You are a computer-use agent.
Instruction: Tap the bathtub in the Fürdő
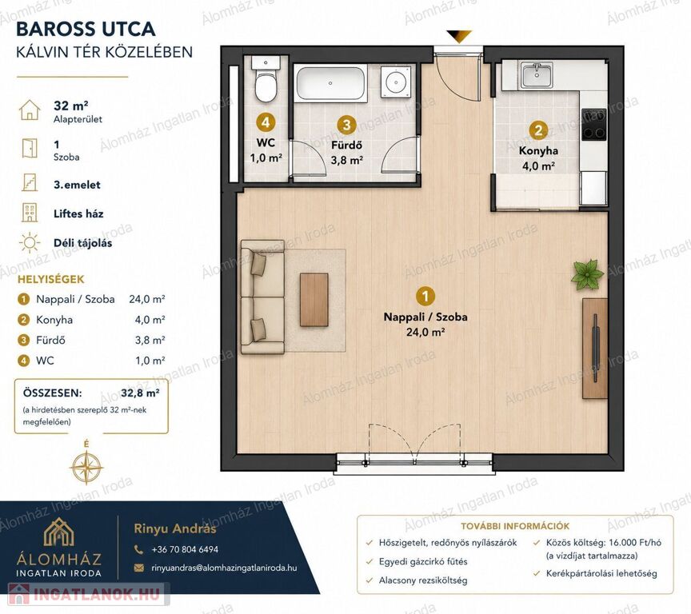pos(331,83)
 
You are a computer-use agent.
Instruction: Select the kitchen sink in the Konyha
pos(537,75)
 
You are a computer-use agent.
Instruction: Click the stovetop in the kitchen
pos(593,125)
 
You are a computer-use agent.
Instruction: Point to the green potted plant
pos(587,274)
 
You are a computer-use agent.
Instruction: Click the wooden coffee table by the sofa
pos(314,300)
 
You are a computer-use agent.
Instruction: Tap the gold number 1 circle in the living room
pos(425,296)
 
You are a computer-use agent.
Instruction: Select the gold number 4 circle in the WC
pos(266,122)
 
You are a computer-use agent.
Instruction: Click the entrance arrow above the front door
pos(459,36)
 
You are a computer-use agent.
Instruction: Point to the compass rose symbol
pos(86,466)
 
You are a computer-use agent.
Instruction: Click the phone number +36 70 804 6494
pos(185,549)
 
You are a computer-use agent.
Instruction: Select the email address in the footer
pos(224,568)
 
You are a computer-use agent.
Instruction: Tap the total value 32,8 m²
pos(140,393)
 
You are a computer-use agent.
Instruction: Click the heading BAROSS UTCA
pos(86,29)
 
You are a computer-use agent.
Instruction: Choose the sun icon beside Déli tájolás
pos(30,243)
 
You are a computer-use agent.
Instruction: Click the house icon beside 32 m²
pos(30,110)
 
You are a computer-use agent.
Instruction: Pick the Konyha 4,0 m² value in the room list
pos(150,320)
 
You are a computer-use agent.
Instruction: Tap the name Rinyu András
pos(175,528)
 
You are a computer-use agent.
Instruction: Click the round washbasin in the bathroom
pos(395,81)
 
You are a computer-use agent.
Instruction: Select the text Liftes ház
pos(78,214)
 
